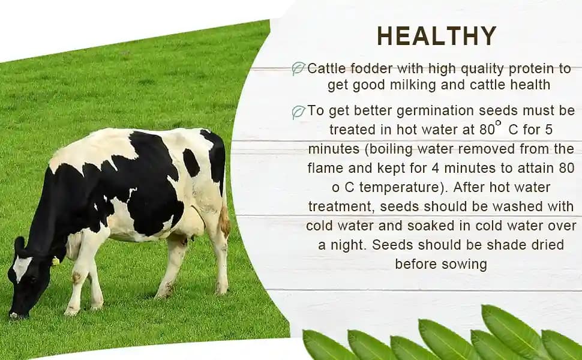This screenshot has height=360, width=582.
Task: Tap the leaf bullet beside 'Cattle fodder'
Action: point(298,69)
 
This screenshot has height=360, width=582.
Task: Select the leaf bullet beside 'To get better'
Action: point(298,112)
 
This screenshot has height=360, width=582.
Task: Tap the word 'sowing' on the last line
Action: point(466,264)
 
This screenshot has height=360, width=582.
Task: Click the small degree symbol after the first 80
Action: point(498,123)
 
